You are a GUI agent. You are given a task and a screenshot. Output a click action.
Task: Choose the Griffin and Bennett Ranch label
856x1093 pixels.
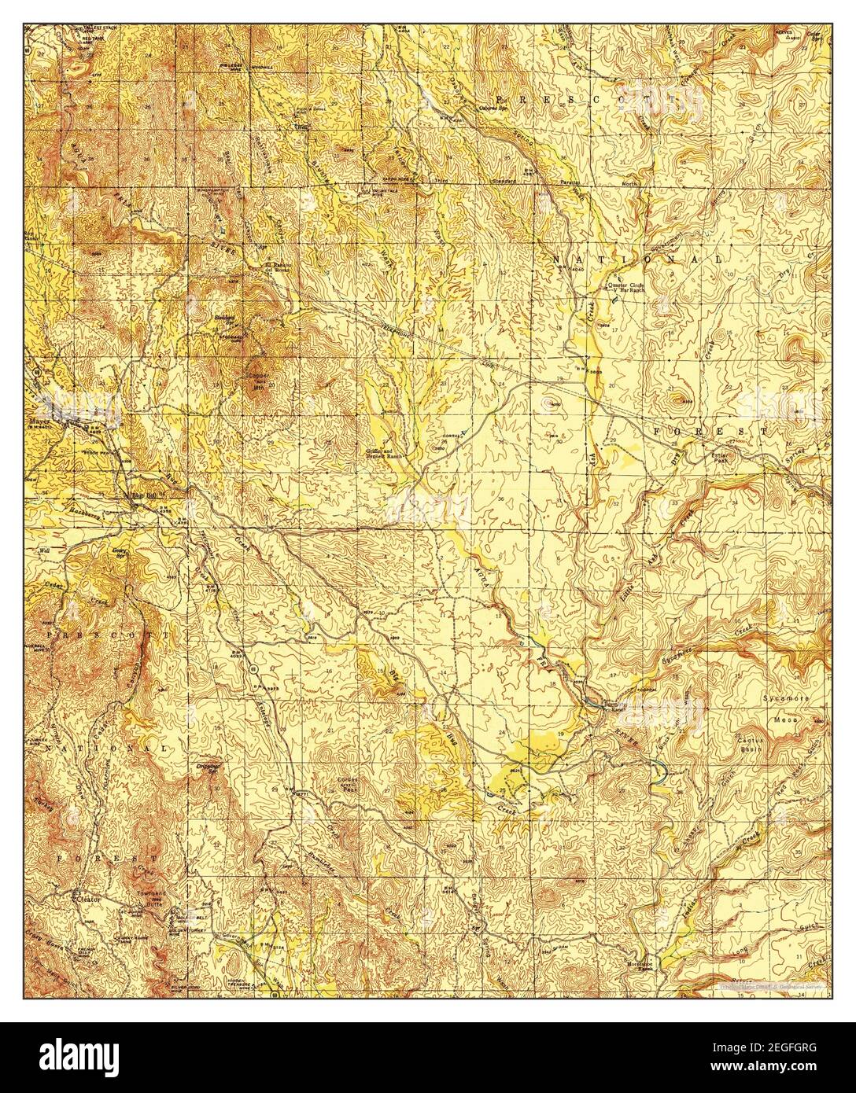click(x=383, y=453)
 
